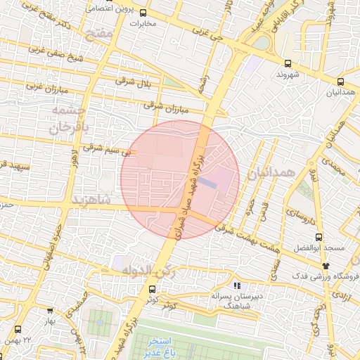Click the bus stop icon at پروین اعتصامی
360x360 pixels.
point(143,13)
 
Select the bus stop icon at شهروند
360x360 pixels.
point(288,63)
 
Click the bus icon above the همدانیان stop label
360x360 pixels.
point(340,81)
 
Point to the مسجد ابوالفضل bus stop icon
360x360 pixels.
point(319,237)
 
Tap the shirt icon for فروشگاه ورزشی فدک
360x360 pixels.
point(325,265)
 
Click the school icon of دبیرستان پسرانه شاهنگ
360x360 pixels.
point(237,286)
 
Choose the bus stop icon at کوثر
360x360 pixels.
point(152,289)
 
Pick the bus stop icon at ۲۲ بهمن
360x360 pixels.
point(18,328)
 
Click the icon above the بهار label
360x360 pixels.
point(49,310)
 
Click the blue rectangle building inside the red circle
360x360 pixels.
point(207,182)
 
